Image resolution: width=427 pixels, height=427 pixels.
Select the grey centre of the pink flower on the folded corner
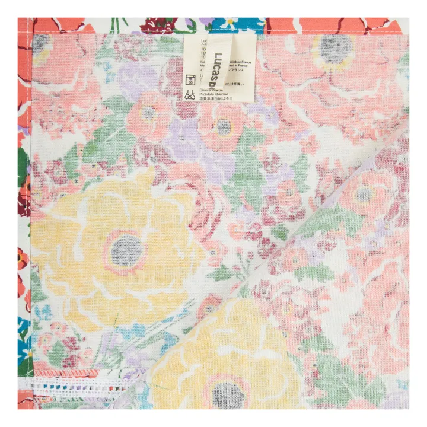363,195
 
